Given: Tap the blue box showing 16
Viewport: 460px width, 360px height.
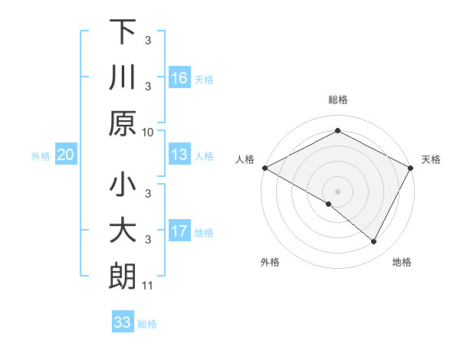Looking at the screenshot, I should click(179, 78).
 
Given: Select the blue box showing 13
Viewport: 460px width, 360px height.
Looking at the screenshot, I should click(179, 155).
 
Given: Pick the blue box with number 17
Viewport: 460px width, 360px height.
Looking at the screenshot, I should click(179, 231).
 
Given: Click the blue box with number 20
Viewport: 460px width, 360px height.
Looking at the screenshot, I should click(65, 155).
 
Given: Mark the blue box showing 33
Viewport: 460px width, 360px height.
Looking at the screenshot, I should click(122, 322).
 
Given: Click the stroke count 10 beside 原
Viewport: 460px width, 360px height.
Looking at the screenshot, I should click(148, 132).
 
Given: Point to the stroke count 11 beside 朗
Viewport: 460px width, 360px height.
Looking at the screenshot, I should click(148, 286).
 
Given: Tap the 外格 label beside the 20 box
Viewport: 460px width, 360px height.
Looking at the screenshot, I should click(41, 156).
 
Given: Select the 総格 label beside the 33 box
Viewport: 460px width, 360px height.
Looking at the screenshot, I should click(147, 324).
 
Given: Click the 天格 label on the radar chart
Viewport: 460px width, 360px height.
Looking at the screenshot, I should click(431, 159).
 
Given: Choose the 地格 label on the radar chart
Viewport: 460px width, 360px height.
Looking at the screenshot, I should click(402, 262).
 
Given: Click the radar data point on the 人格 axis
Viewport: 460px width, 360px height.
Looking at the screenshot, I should click(264, 168).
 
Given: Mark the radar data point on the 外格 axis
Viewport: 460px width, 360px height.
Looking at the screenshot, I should click(329, 204).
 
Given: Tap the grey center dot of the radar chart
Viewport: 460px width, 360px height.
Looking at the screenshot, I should click(337, 191).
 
